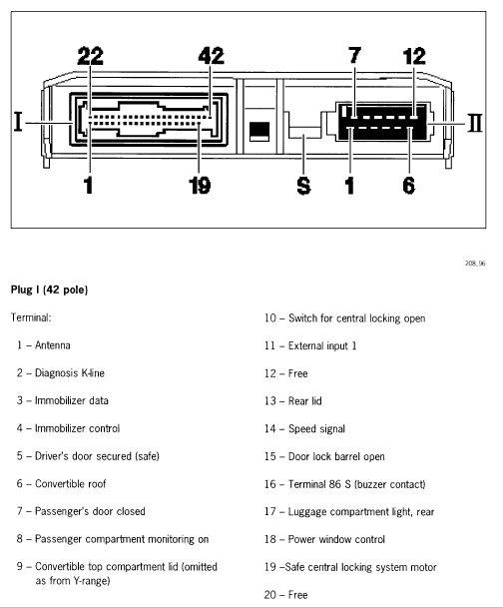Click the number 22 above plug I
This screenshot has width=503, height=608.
90,56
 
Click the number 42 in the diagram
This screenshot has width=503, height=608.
212,56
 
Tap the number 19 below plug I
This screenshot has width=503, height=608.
200,186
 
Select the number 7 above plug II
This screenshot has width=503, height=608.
355,55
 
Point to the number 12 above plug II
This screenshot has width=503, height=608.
414,56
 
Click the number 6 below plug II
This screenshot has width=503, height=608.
409,186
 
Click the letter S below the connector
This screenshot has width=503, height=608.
303,186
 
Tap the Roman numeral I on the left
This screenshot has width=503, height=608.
18,122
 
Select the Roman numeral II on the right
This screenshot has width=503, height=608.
475,123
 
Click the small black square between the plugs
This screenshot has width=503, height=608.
259,130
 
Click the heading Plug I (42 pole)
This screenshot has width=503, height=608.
49,290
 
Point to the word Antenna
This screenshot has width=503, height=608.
53,345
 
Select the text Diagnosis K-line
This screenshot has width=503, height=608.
70,373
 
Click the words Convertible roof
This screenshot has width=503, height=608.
70,483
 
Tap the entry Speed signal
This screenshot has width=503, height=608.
316,429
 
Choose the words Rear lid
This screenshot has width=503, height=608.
305,401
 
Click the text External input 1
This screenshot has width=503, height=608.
322,345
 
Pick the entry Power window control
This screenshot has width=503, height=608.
336,539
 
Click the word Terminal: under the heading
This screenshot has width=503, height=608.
31,317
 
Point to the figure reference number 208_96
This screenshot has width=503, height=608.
475,264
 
